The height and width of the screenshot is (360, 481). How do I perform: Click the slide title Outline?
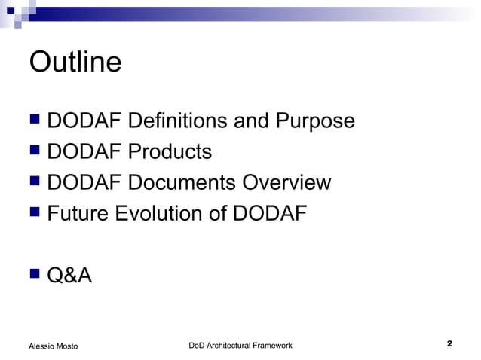tap(75, 62)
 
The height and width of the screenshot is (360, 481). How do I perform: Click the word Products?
tap(170, 152)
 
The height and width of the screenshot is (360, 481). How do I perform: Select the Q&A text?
tap(69, 276)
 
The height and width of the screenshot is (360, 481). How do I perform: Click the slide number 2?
tap(449, 344)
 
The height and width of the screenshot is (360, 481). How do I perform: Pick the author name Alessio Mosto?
tap(53, 346)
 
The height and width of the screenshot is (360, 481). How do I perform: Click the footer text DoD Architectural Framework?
tap(240, 345)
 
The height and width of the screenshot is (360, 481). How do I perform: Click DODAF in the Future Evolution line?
tap(270, 214)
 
